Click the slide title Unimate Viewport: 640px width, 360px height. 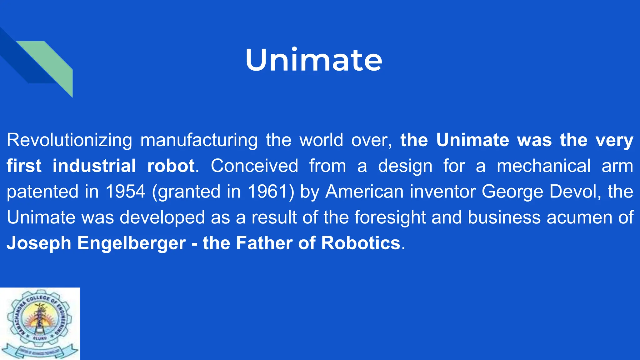tap(313, 60)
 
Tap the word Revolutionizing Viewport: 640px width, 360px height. tap(69, 140)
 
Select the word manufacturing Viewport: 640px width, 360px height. tap(199, 140)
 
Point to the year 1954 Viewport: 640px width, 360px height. tap(125, 192)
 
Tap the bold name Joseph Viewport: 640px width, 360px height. tap(39, 243)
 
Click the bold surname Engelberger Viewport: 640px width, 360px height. tap(132, 243)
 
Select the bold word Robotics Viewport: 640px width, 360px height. tap(361, 243)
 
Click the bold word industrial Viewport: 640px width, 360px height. tap(94, 166)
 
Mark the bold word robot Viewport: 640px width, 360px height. tap(171, 166)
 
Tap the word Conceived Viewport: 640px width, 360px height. tap(254, 166)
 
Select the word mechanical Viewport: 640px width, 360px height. tap(543, 166)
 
